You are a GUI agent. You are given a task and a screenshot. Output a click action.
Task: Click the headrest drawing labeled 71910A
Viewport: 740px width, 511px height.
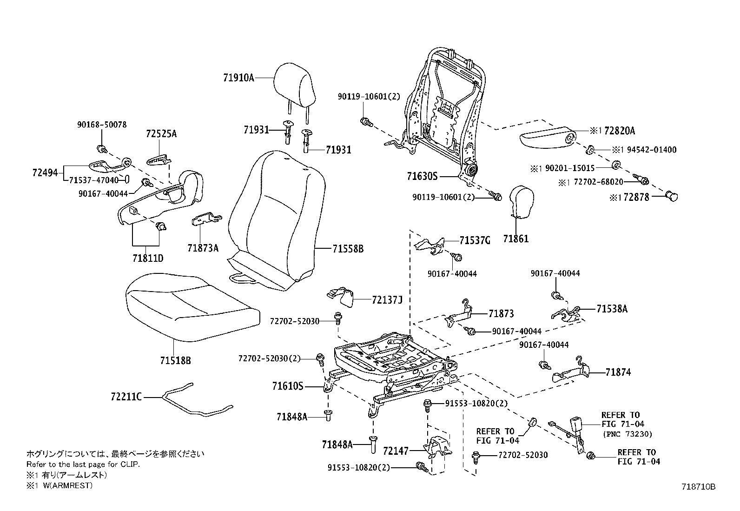pos(295,86)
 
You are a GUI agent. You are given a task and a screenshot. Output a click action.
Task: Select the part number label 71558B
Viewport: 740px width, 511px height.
pos(348,249)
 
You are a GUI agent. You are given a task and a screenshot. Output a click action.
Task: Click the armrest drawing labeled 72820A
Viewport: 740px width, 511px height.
pos(546,137)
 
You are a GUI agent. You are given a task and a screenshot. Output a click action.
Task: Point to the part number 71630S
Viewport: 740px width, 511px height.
pos(422,176)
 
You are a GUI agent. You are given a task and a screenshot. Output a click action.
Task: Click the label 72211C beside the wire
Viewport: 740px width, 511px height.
pos(126,397)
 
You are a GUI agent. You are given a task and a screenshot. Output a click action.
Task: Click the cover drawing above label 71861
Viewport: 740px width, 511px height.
pos(522,202)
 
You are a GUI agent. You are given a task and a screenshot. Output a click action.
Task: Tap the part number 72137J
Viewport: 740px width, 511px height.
pos(387,300)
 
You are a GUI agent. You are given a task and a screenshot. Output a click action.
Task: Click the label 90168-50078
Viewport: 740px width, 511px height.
pos(101,125)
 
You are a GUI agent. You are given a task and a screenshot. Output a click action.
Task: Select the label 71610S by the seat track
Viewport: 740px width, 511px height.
pos(287,385)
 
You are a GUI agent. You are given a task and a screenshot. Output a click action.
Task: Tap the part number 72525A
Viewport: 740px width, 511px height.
pos(161,134)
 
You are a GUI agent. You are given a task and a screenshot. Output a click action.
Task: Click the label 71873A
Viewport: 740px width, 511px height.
pos(203,248)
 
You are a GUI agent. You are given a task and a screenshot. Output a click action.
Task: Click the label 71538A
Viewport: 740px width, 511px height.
pos(612,308)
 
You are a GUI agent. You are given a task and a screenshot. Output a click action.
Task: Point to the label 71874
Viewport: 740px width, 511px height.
pos(618,372)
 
